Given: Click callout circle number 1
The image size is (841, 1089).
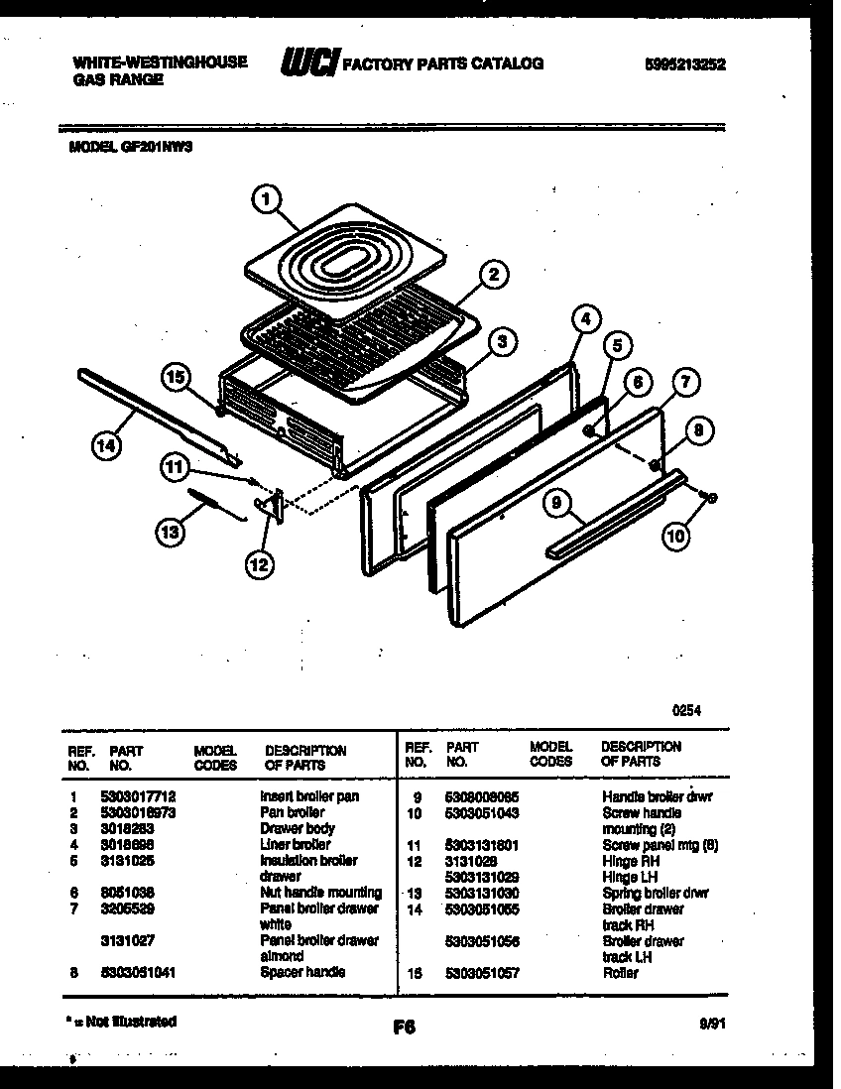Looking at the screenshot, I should click(x=263, y=200).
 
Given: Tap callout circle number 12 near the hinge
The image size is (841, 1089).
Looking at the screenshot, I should click(x=259, y=565).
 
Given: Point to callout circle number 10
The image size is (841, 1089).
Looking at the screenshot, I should click(x=674, y=537).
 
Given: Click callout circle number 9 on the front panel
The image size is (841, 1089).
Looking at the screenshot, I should click(x=558, y=504).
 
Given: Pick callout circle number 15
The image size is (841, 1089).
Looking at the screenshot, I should click(x=176, y=377).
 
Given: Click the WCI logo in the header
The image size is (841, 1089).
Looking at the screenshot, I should click(x=309, y=63).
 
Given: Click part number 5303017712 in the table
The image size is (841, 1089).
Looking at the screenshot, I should click(x=138, y=796).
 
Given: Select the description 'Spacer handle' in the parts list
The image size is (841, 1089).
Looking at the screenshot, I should click(x=302, y=972).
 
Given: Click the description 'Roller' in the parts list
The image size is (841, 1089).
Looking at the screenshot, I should click(x=620, y=972).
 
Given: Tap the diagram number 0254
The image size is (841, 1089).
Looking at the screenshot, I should click(x=687, y=710).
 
